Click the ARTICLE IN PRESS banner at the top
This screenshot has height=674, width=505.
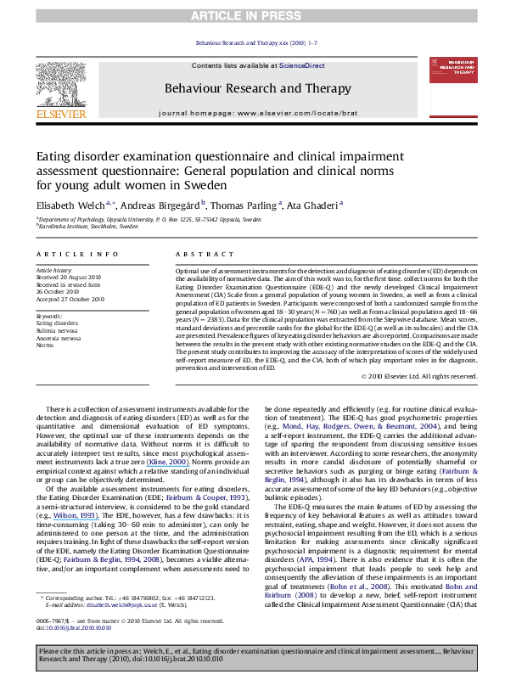[x=252, y=16]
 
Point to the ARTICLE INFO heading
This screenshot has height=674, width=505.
[x=65, y=255]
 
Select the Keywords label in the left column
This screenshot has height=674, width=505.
[x=50, y=316]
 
